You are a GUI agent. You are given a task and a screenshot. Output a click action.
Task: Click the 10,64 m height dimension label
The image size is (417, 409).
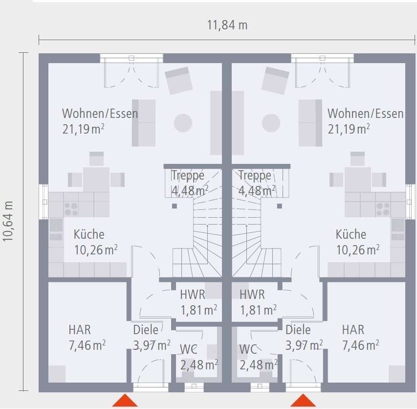click(8, 221)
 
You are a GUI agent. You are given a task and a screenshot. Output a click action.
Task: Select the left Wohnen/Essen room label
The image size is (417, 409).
click(100, 114)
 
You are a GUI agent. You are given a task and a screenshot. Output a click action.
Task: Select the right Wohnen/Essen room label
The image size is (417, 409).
click(365, 114)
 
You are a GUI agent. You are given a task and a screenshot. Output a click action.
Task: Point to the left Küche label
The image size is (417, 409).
click(89, 234)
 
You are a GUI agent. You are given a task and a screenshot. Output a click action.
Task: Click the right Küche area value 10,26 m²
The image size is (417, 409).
click(358, 250)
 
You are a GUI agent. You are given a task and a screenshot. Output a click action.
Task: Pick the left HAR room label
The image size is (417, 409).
click(80, 330)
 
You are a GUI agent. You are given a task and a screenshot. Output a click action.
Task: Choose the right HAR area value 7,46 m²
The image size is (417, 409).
click(360, 345)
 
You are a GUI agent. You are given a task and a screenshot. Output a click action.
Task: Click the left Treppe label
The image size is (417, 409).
click(187, 175)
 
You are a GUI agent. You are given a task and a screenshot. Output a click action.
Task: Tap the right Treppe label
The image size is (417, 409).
click(254, 175)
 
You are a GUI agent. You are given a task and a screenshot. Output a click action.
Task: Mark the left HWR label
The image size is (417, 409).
click(193, 295)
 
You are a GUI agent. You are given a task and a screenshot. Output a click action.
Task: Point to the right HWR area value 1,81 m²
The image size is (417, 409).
click(258, 310)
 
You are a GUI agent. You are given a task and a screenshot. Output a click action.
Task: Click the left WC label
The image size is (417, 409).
click(189, 349)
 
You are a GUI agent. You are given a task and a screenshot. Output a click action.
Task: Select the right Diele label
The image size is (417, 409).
click(298, 330)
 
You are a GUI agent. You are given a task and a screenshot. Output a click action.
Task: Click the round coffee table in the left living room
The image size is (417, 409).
click(183, 123)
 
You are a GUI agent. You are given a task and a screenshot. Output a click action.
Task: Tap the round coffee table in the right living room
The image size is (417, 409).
click(271, 123)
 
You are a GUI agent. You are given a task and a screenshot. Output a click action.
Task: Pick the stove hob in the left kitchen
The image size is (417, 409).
click(71, 209)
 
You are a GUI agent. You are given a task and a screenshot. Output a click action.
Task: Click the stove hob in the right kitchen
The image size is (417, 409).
click(383, 209)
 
